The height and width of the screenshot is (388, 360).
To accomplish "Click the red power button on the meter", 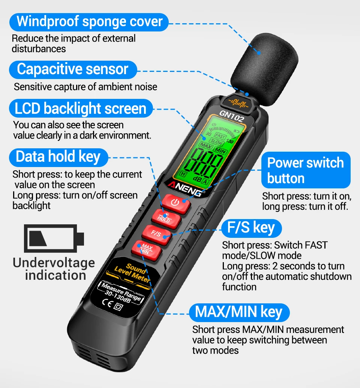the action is pos(176,203).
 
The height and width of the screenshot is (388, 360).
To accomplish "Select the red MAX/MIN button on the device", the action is pos(146,250).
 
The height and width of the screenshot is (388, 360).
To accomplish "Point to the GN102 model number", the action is pos(232,116).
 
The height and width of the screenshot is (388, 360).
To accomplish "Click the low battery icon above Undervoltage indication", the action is pos(54,238).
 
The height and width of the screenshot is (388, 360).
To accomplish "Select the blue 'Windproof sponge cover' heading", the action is pos(89,22).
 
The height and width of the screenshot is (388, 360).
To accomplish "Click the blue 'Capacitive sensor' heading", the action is pos(73,70).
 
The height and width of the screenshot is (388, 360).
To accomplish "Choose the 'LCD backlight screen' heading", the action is pos(81,109).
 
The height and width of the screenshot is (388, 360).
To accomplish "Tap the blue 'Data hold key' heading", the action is pos(58,157).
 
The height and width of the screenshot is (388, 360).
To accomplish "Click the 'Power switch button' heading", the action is pos(306,170).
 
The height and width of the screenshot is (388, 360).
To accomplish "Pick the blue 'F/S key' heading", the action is pos(251,228).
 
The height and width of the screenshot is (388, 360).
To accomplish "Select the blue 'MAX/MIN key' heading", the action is pos(239,312).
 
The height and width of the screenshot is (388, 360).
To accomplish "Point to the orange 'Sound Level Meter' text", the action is pos(132,273).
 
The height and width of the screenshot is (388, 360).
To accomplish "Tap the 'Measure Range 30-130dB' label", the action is pos(121,293).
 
